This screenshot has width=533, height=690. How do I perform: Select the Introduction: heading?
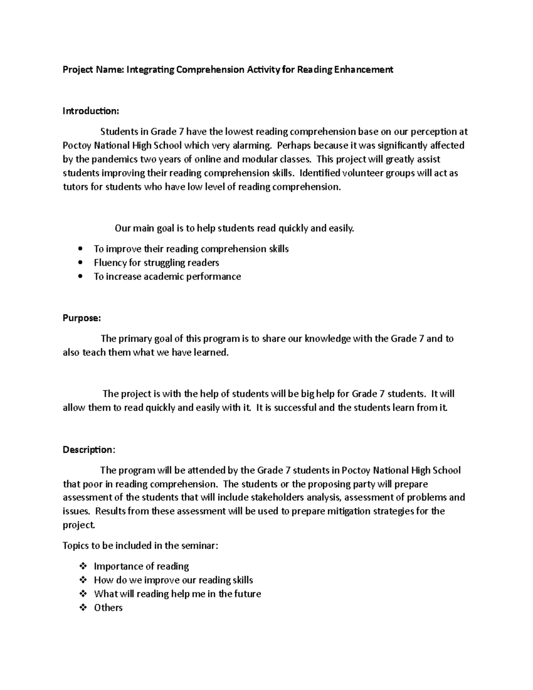[x=91, y=111]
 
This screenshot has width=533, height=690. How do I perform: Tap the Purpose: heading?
[x=82, y=318]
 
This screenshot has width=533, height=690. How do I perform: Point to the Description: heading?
[x=89, y=450]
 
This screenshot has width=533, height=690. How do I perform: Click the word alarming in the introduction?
[x=253, y=145]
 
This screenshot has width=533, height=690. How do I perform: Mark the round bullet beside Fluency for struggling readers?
[x=80, y=263]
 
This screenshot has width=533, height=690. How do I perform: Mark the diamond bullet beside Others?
[x=82, y=608]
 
